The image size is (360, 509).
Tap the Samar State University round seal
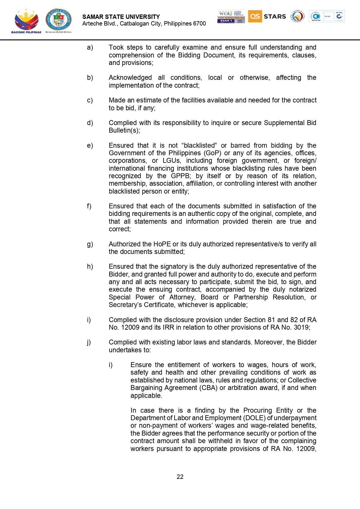(x=59, y=19)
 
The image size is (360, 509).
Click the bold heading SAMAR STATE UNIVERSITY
(x=121, y=17)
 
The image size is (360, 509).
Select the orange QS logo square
(x=255, y=16)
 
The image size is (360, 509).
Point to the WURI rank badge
(x=231, y=17)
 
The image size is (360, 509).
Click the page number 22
(x=180, y=477)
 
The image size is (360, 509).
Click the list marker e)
(x=90, y=145)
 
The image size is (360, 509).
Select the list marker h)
(x=90, y=266)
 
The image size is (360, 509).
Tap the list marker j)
(x=89, y=342)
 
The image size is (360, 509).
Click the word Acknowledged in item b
(x=130, y=77)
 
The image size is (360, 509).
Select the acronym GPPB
(x=181, y=176)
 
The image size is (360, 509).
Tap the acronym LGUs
(x=171, y=160)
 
